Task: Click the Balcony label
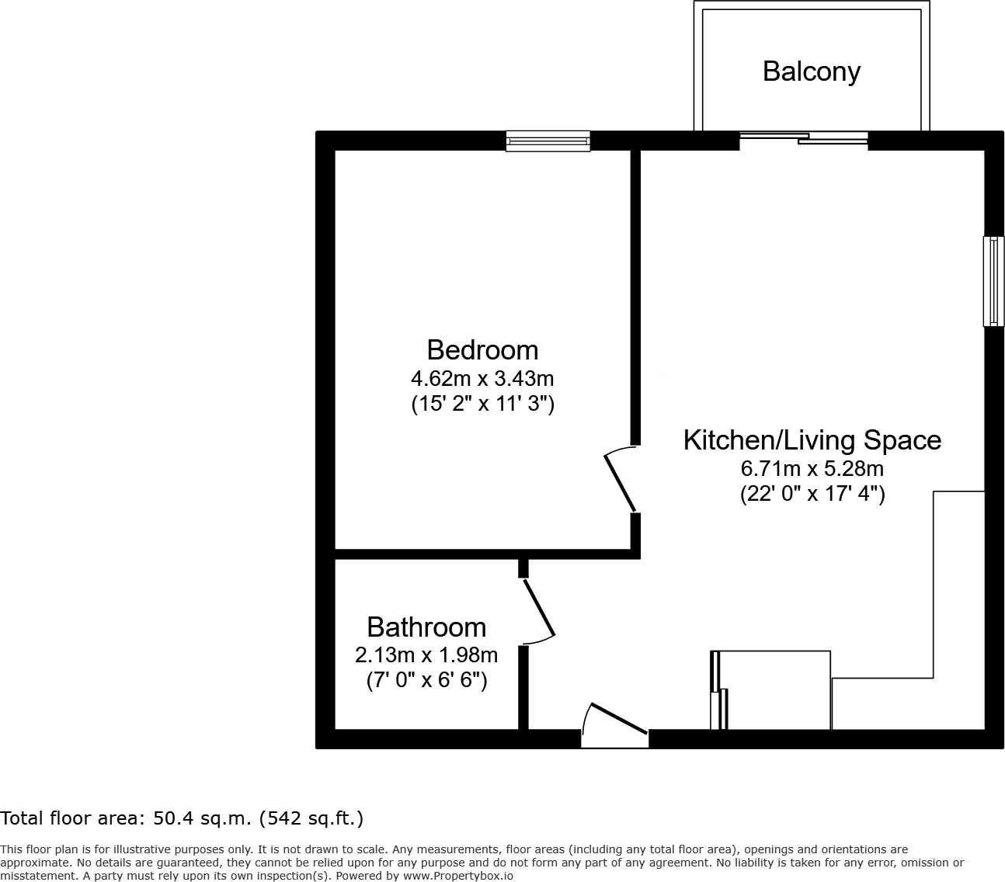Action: [812, 71]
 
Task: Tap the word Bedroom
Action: [482, 350]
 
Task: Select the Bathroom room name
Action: [426, 627]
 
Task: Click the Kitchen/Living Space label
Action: [812, 440]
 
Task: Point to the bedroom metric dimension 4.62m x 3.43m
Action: [482, 379]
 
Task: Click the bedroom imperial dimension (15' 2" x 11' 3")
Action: [482, 404]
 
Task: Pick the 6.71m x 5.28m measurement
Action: [812, 469]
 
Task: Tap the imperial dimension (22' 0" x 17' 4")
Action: [812, 494]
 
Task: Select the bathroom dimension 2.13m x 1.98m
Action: [426, 655]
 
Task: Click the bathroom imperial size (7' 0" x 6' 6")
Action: [426, 680]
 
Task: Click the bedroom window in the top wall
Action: [548, 141]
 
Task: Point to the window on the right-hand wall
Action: [993, 281]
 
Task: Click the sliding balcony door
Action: [803, 139]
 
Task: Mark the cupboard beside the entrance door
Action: [772, 690]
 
